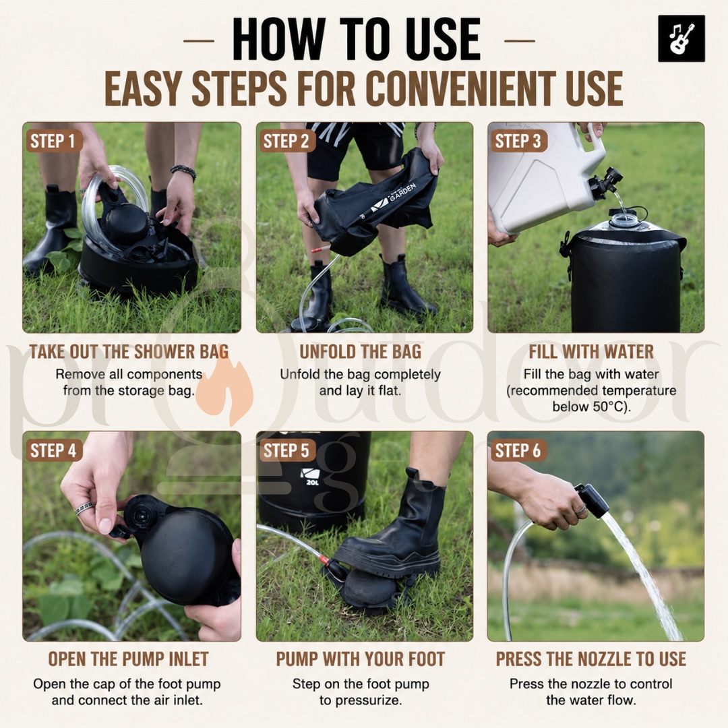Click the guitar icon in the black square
tap(681, 38)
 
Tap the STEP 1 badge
tap(53, 141)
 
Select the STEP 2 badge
tap(286, 141)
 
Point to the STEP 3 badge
tap(518, 141)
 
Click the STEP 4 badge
tap(53, 450)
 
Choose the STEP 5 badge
tap(286, 450)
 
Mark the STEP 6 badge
tap(518, 450)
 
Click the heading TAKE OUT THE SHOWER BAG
tap(129, 351)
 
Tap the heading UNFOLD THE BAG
tap(360, 351)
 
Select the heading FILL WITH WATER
tap(591, 351)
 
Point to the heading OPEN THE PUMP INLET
tap(129, 659)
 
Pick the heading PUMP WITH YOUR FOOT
tap(360, 659)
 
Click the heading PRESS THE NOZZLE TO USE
tap(591, 659)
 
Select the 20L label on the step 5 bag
tap(313, 483)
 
